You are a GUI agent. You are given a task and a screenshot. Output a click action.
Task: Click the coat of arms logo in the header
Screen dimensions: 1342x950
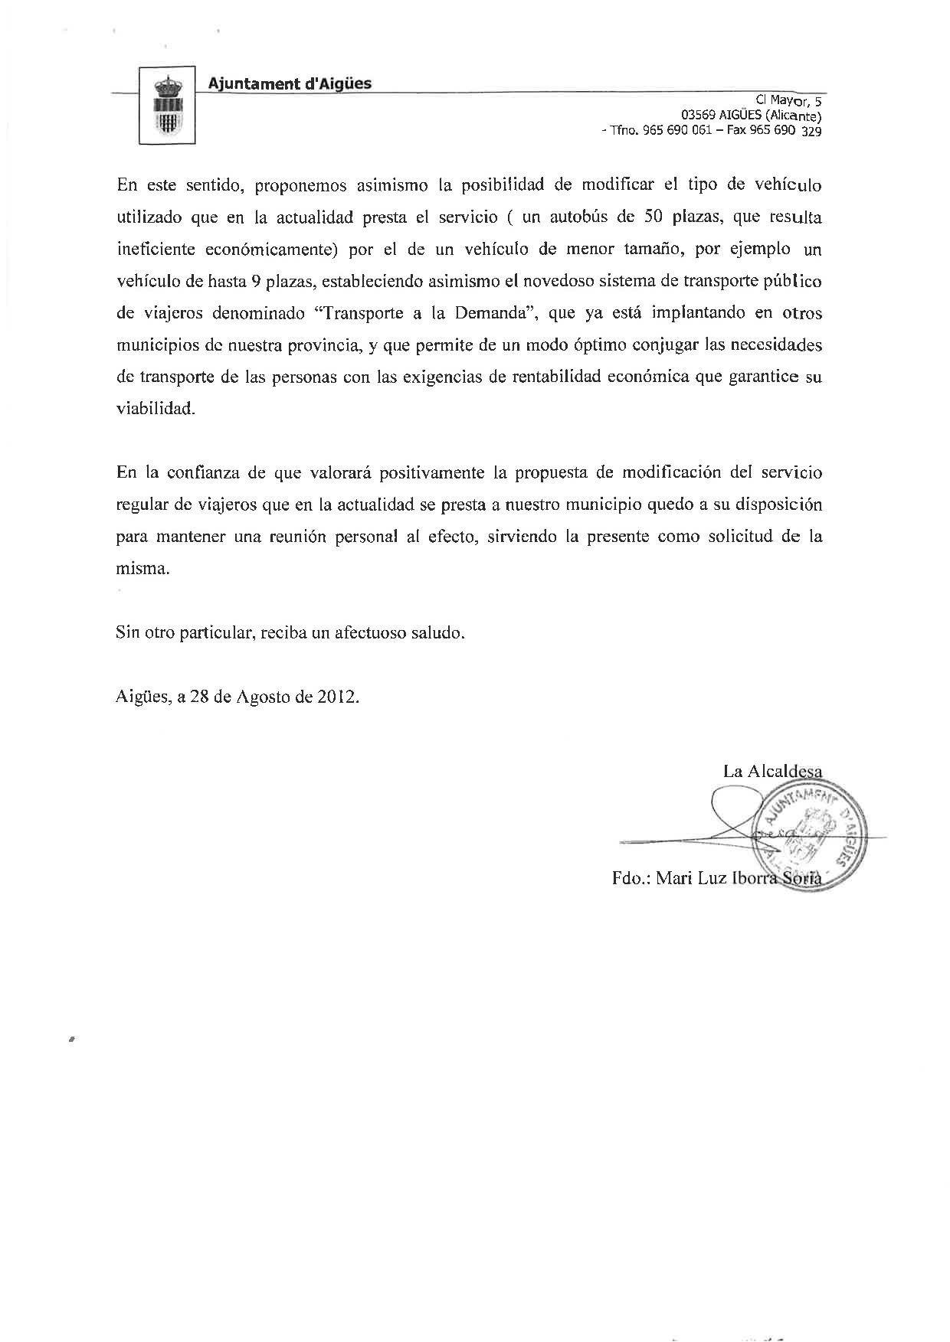point(166,106)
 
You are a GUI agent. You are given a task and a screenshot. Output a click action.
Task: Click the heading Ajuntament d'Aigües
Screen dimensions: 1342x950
point(290,83)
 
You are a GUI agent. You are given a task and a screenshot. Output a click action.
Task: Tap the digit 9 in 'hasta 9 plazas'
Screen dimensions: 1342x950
point(255,281)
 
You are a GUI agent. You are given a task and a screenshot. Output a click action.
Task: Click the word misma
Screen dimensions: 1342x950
point(142,569)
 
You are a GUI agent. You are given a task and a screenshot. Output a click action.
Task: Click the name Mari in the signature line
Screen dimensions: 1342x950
point(676,878)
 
